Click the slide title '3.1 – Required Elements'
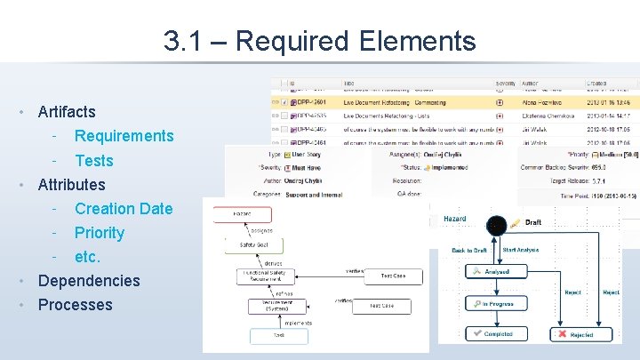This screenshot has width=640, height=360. pos(320,40)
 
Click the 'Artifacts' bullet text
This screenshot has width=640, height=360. pos(67,112)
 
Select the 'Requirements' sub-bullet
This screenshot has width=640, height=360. pos(124,136)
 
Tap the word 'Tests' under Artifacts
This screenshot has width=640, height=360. pos(94,160)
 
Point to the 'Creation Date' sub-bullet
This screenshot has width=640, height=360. pos(124,209)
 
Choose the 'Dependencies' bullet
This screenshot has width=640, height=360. pos(89,281)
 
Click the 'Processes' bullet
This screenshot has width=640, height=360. pos(75,305)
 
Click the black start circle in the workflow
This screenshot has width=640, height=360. pos(495,226)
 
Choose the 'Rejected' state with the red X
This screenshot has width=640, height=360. pos(574,334)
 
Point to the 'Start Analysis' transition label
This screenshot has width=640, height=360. pos(522,251)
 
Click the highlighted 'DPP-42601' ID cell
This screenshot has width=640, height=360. pos(308,101)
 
